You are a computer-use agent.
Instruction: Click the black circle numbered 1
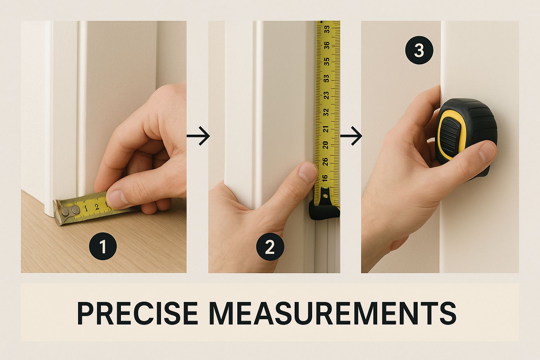click(x=103, y=246)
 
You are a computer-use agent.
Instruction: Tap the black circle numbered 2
click(x=270, y=247)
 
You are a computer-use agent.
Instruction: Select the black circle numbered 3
click(x=419, y=50)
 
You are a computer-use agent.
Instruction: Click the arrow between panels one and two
click(x=198, y=136)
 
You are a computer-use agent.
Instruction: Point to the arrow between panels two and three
click(x=351, y=136)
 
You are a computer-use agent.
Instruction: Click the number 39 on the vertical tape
click(x=327, y=30)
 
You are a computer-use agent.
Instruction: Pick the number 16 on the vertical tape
click(x=325, y=178)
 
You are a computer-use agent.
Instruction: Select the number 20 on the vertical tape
click(x=326, y=145)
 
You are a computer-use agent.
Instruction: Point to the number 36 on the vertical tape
click(x=327, y=45)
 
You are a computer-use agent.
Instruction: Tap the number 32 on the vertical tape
click(x=326, y=112)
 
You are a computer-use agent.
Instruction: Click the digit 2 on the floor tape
click(x=97, y=207)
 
